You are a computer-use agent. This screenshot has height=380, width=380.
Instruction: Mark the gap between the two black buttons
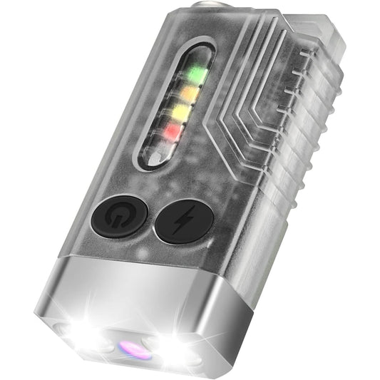tap(151, 217)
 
